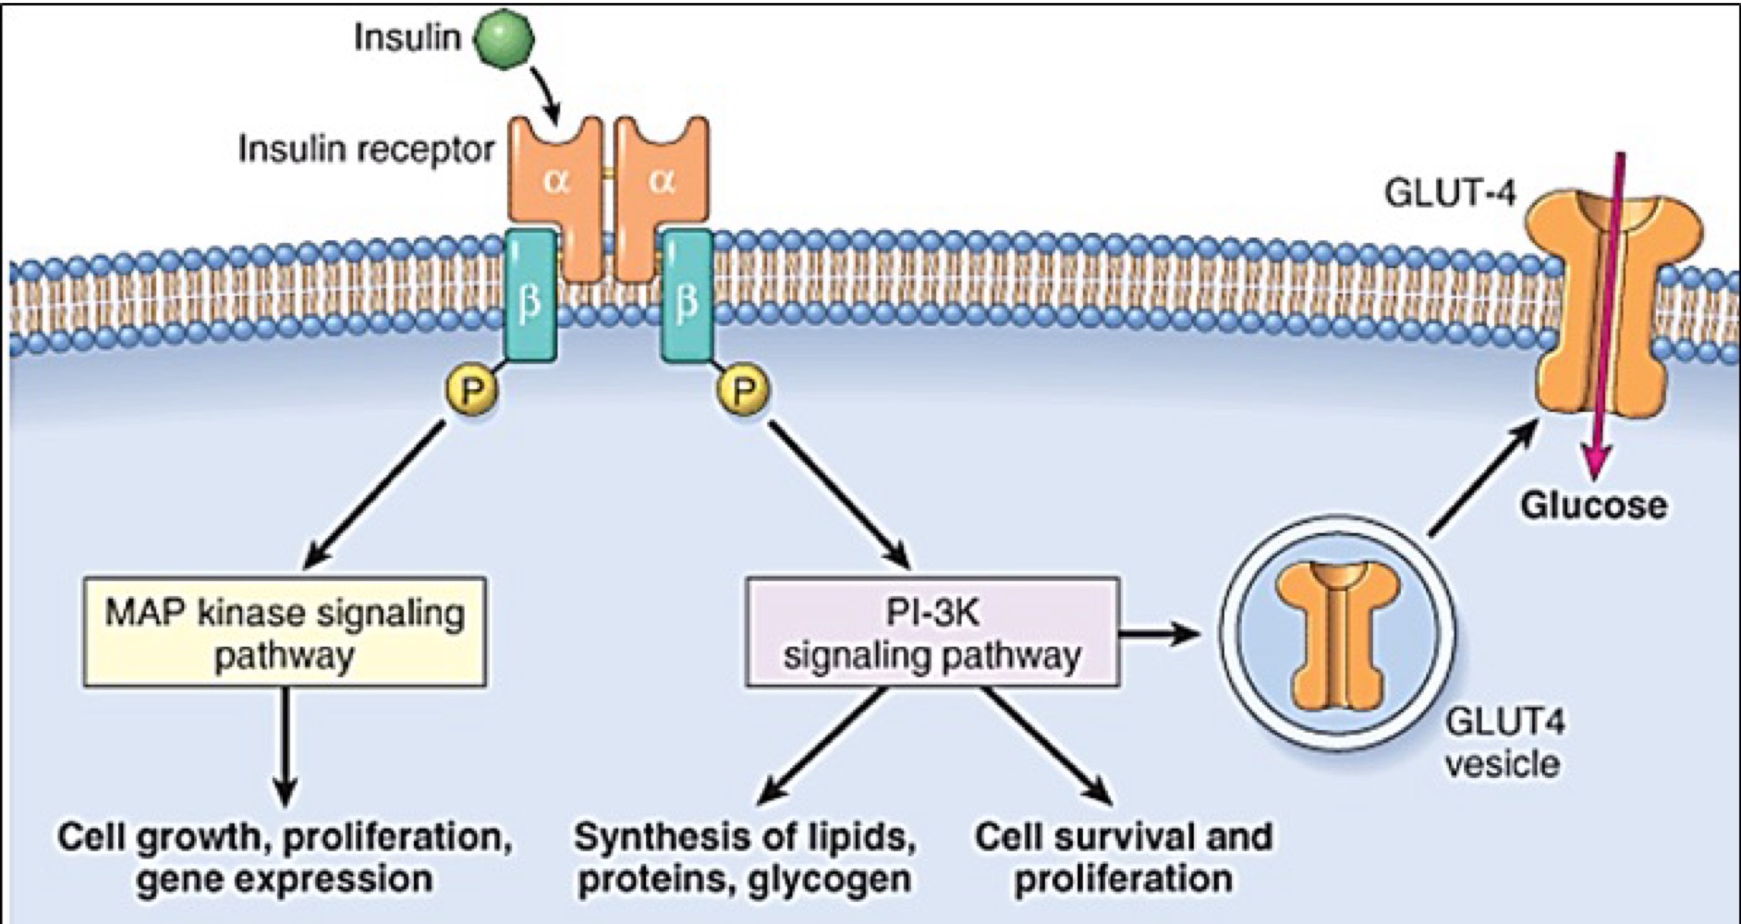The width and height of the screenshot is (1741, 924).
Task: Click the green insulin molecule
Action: pos(504,38)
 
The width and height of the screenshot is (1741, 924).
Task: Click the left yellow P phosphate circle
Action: pos(472,390)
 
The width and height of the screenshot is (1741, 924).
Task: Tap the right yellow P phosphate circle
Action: pos(745,390)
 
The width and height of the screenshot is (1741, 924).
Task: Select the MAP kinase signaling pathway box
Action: pos(285,633)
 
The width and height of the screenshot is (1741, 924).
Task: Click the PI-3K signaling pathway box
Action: pos(931,633)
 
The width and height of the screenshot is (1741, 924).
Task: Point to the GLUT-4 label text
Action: pos(1450,193)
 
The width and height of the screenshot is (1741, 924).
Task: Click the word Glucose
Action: pos(1593,505)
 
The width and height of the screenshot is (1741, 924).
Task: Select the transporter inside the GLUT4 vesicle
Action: pos(1336,638)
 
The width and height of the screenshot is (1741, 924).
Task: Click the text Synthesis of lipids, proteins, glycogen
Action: pos(745,857)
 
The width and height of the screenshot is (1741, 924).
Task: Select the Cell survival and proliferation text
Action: pos(1124,857)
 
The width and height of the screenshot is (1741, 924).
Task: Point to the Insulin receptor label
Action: pos(367,149)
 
